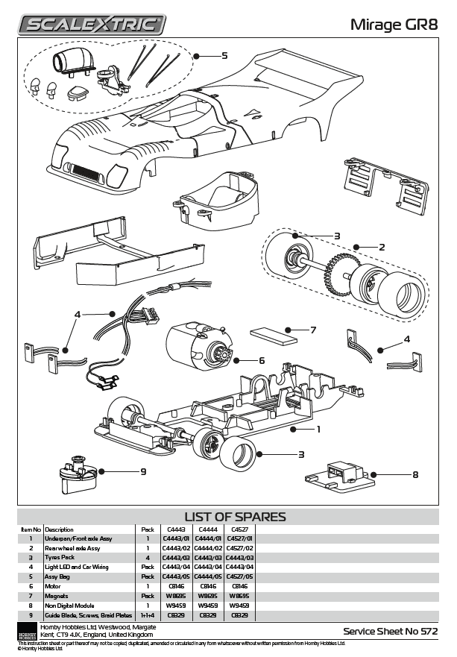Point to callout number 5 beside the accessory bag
tap(224, 55)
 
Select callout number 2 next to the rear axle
tap(381, 247)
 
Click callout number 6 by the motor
tap(262, 360)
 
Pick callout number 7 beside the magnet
tap(313, 330)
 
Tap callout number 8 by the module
tap(415, 474)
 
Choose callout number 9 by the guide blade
tap(142, 471)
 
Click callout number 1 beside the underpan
tap(318, 429)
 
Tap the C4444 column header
tap(207, 529)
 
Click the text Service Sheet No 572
tap(390, 631)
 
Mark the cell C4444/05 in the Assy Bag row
tap(207, 577)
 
